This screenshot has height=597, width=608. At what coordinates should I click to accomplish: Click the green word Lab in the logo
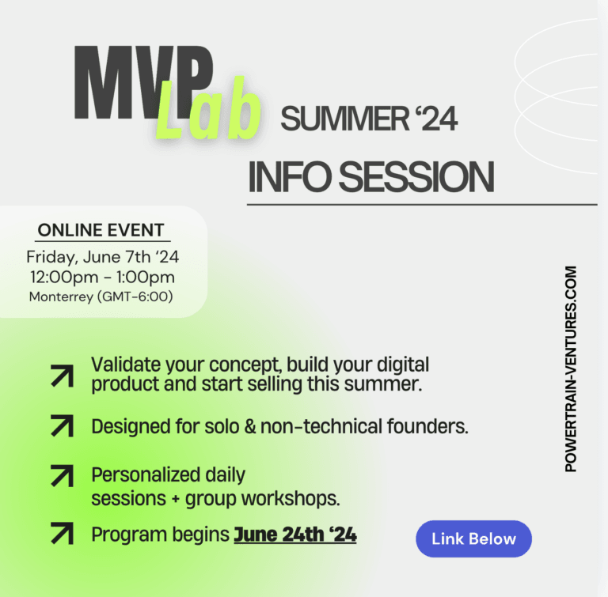(208, 111)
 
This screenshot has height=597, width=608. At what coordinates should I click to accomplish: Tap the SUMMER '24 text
(369, 120)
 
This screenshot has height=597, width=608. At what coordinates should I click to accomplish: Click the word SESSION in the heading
(420, 176)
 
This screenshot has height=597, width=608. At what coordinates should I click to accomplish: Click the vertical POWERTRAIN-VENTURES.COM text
(571, 368)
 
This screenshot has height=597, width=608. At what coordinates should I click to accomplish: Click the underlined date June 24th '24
(294, 535)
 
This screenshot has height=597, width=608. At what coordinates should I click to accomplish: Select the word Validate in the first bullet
(122, 365)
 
